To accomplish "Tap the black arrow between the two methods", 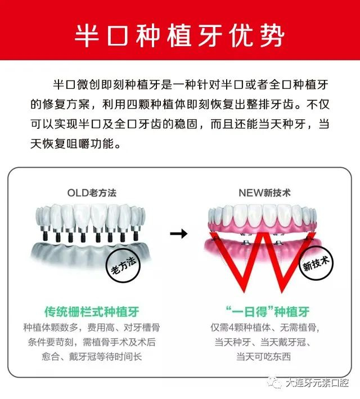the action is point(178,233).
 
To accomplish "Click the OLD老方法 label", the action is point(92,192).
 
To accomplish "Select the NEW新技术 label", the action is point(260,192).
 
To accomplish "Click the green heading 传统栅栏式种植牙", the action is point(92,311).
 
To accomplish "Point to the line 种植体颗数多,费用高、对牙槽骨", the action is point(92,327).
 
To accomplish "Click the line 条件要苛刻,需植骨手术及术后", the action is point(92,342).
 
